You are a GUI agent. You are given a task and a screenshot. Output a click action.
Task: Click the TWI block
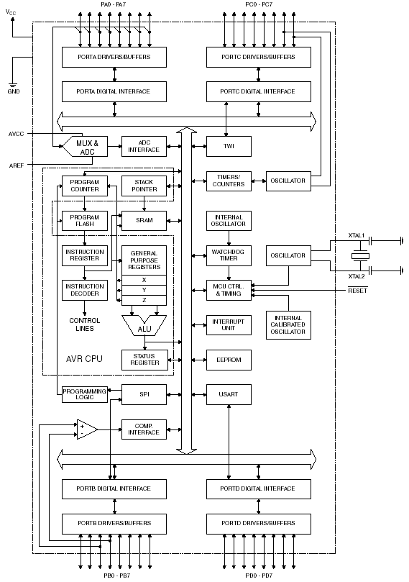point(229,146)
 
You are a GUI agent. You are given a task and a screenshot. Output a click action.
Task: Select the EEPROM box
point(229,360)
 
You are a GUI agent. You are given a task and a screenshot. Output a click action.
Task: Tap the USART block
point(229,394)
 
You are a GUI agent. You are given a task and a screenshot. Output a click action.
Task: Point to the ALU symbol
point(144,325)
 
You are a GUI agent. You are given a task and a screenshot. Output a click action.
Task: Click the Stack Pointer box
point(144,186)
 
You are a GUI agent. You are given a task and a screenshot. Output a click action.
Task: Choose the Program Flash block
point(85,220)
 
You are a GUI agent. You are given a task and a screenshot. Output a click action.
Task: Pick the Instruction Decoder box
point(85,290)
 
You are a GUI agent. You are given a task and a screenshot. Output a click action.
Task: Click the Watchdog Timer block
point(229,255)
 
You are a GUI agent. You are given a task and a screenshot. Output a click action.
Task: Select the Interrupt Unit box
point(229,325)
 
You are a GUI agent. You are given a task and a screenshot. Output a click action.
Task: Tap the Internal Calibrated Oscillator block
point(288,325)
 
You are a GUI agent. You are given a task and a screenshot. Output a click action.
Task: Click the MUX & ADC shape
point(85,146)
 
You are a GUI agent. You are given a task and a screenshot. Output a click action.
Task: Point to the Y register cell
point(144,290)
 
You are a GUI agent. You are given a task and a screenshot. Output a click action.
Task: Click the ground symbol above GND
point(14,85)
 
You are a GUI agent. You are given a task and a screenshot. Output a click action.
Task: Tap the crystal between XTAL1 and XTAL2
point(360,255)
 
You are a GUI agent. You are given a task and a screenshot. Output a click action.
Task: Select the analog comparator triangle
point(87,429)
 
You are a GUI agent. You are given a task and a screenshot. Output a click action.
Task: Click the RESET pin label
point(357,290)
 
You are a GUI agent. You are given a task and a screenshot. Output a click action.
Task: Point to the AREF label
point(17,165)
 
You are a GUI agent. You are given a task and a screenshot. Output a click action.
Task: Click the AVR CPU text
point(84,358)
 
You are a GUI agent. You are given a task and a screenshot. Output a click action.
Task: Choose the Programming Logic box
point(85,394)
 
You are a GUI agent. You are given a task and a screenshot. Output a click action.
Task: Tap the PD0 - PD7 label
point(259,576)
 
